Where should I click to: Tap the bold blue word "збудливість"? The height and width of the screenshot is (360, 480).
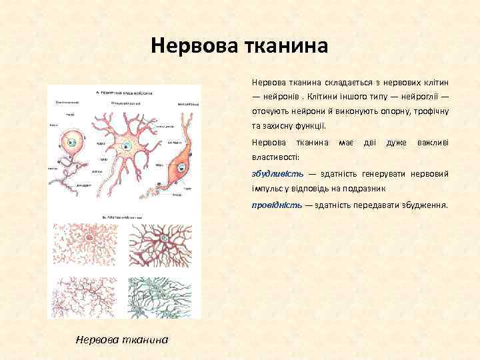coord(277,173)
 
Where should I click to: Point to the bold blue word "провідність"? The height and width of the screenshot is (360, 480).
coord(277,205)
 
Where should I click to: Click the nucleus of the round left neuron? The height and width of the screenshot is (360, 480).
coord(72,143)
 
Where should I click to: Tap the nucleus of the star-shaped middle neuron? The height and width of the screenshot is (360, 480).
coord(126,146)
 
